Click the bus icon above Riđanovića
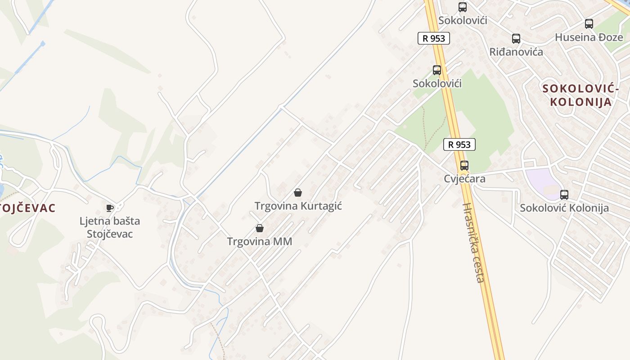tap(516, 39)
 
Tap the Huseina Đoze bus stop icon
tap(589, 24)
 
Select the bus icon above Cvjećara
tap(464, 165)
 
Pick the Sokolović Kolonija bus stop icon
tap(564, 194)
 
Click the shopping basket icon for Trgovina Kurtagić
tap(298, 193)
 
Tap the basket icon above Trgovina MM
tap(260, 228)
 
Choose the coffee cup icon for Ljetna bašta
tap(109, 207)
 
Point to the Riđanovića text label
tap(516, 52)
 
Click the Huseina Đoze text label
tap(589, 37)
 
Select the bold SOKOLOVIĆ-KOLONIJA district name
tap(580, 95)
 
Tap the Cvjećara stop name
tap(464, 179)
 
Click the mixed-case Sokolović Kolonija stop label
tap(564, 208)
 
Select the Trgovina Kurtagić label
tap(298, 206)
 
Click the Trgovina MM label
tap(260, 242)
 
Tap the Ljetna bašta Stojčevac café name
tap(110, 227)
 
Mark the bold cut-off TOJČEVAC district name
tap(28, 208)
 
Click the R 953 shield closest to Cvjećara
tap(459, 144)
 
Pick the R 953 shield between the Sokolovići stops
tap(434, 38)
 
